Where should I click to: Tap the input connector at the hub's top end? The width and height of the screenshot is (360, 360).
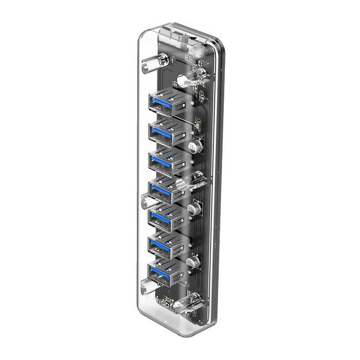coord(174,38)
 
